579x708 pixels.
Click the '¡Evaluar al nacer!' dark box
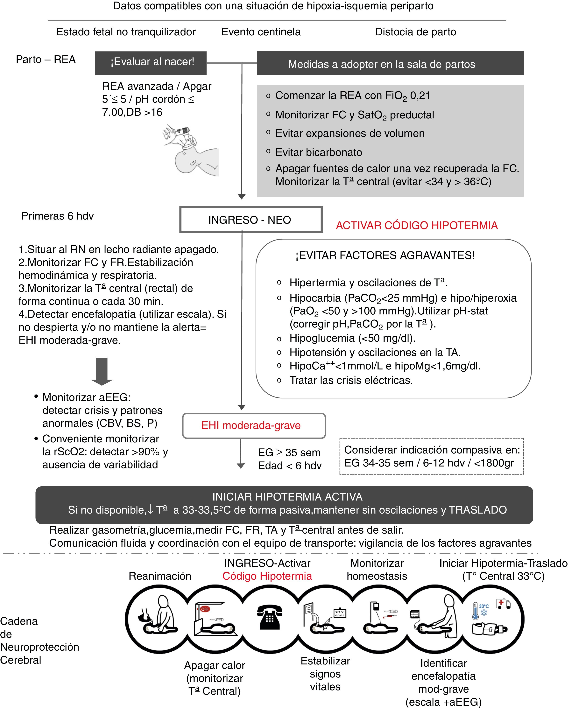click(151, 63)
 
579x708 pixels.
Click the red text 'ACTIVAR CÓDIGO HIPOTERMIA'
click(417, 225)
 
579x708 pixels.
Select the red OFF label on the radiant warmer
click(205, 609)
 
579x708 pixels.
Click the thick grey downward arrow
click(102, 371)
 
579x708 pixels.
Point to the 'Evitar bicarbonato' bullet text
click(319, 152)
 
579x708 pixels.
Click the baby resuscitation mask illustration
click(190, 150)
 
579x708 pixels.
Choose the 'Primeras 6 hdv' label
click(57, 216)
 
